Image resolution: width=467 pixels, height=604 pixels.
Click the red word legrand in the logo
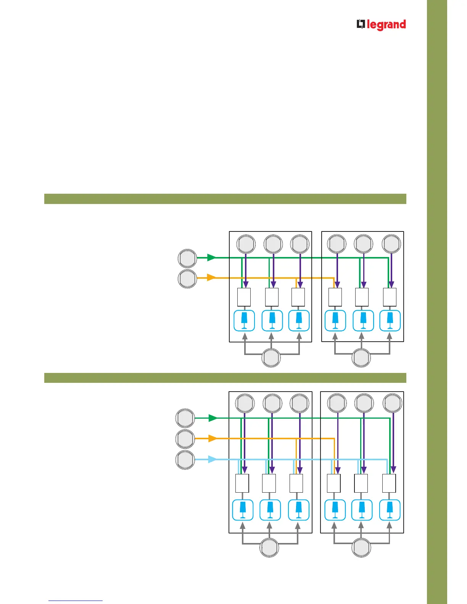click(386, 25)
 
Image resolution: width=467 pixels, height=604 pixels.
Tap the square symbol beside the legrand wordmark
click(361, 24)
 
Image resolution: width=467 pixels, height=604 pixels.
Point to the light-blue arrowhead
click(212, 459)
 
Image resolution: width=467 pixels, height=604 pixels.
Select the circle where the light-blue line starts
click(185, 459)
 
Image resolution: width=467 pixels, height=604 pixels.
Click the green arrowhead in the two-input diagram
click(211, 257)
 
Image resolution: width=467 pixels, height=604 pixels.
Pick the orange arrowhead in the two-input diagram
click(211, 278)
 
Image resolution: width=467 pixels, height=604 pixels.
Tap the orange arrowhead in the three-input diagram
click(212, 439)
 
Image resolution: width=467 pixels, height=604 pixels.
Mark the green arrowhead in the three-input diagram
click(212, 418)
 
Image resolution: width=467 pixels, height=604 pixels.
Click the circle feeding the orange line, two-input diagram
click(187, 278)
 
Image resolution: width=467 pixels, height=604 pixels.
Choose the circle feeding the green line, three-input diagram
click(185, 418)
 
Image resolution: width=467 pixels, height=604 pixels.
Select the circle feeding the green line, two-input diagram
click(187, 259)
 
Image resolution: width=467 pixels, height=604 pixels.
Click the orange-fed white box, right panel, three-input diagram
click(334, 484)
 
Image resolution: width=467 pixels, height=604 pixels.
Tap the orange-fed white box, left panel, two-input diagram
click(298, 297)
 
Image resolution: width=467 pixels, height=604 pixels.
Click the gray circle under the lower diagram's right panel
click(361, 548)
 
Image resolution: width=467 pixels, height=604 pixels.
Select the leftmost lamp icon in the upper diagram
click(244, 321)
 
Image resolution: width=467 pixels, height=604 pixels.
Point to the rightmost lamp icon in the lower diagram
click(390, 510)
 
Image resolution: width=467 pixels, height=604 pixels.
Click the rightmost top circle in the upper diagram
click(391, 244)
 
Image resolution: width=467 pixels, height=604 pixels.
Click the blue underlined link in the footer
click(76, 601)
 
